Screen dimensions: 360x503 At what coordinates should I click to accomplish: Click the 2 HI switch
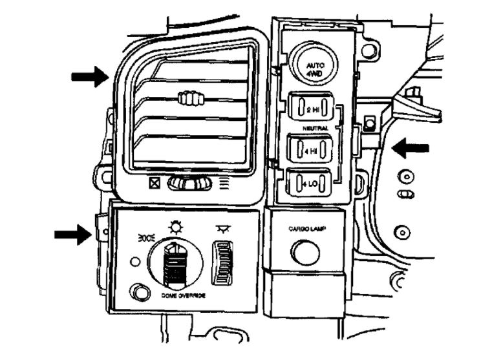point(313,108)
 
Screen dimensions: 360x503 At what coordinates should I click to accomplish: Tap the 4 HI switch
point(312,150)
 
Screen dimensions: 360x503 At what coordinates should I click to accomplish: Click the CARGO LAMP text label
point(306,229)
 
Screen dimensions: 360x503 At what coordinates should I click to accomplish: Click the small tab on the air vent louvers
point(190,98)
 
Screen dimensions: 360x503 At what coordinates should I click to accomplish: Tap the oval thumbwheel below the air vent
point(190,184)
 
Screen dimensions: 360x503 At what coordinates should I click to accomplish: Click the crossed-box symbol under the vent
point(155,183)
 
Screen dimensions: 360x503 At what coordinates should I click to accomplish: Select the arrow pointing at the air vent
point(90,77)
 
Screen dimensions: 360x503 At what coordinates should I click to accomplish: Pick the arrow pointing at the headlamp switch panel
point(73,233)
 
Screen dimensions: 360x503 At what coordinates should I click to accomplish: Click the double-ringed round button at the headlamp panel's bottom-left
point(137,291)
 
